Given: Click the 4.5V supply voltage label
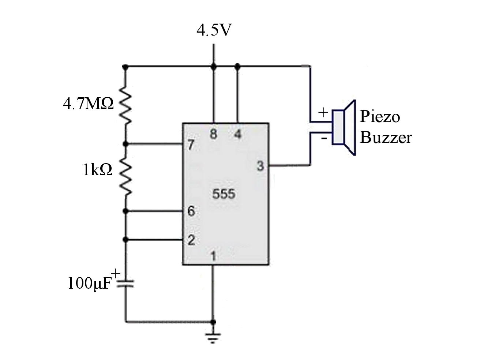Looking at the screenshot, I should (x=214, y=31).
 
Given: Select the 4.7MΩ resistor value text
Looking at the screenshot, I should (x=88, y=104).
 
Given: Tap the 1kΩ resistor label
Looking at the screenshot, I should (x=97, y=170).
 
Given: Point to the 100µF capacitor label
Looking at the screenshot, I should (x=89, y=284).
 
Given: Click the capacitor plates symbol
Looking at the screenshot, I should (x=125, y=283).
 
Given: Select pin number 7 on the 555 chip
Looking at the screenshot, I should (x=191, y=145).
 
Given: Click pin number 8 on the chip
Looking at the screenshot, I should (x=213, y=134).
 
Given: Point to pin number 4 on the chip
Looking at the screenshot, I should (x=238, y=134).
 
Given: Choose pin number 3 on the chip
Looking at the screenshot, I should (x=260, y=166).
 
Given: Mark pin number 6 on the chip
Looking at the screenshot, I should (x=191, y=211).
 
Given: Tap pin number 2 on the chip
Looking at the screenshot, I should (x=191, y=240).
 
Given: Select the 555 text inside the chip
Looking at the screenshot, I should (x=224, y=194).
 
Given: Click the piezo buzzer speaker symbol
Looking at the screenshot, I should (x=344, y=127).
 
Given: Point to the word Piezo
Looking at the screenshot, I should (x=380, y=116).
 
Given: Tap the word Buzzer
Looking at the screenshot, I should (x=386, y=138).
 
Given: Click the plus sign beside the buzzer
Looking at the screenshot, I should (x=323, y=112).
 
